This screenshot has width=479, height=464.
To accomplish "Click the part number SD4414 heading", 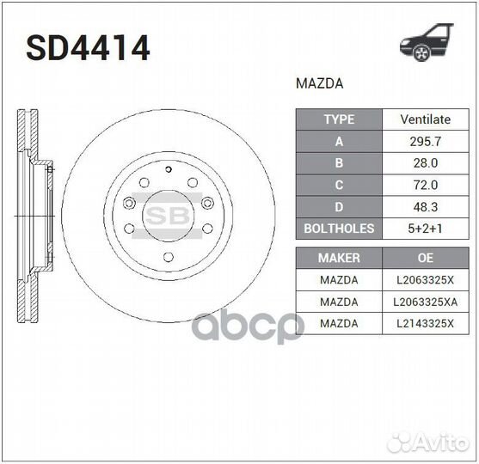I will click(x=88, y=48).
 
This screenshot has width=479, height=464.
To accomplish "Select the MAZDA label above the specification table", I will click(x=319, y=84).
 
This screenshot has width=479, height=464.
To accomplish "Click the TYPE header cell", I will click(x=339, y=119).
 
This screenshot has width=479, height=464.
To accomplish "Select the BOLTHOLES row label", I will click(x=339, y=229).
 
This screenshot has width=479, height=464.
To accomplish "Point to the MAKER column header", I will click(x=339, y=258).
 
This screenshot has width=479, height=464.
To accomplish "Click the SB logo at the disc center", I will click(x=168, y=215).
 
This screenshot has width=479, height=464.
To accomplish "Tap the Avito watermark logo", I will click(x=427, y=442).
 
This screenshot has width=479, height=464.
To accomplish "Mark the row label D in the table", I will click(x=339, y=206).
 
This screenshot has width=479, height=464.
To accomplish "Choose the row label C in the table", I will click(x=339, y=185).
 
